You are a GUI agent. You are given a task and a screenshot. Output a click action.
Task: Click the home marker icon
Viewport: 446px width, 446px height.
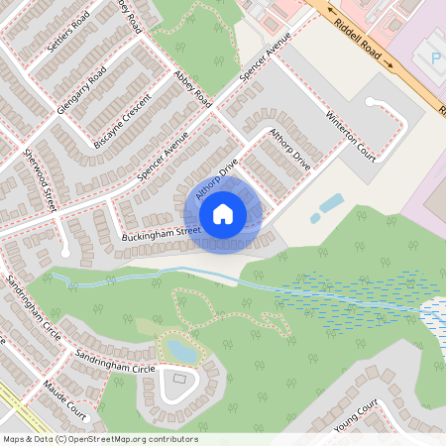tap(223, 213)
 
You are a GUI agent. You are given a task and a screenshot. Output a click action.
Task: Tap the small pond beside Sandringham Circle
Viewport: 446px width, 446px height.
tap(181, 350)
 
